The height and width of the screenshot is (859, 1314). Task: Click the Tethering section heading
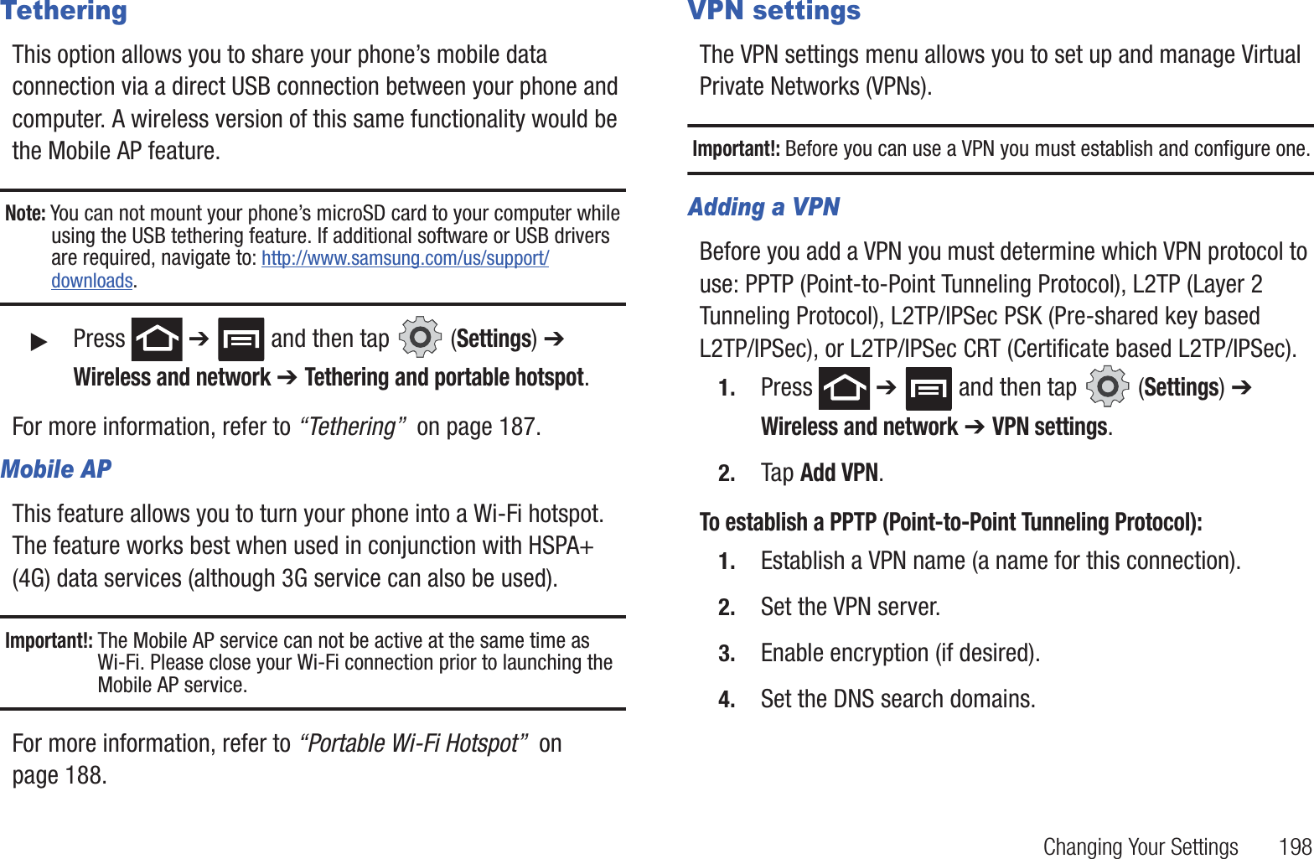click(x=64, y=12)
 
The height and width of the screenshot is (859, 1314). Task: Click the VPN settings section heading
click(x=773, y=12)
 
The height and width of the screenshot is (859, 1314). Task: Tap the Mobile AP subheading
click(x=56, y=469)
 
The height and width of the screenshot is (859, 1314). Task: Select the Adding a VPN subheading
click(x=763, y=207)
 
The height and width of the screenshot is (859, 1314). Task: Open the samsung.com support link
click(x=405, y=258)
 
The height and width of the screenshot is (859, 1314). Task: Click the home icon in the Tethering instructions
click(x=157, y=339)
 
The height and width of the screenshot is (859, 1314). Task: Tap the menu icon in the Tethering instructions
click(x=241, y=339)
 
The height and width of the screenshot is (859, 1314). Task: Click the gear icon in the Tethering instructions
click(x=420, y=338)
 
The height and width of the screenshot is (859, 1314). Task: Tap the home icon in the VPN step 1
click(x=844, y=389)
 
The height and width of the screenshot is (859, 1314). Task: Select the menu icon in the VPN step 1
click(x=929, y=389)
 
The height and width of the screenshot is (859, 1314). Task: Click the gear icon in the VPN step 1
click(x=1107, y=387)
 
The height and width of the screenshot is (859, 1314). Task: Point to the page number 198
click(x=1295, y=847)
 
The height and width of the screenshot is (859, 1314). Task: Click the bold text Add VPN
click(x=839, y=473)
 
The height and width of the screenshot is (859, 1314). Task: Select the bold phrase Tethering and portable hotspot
click(x=444, y=378)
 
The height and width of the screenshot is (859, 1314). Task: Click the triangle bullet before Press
click(x=39, y=341)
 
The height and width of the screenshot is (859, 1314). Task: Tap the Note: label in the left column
click(x=25, y=214)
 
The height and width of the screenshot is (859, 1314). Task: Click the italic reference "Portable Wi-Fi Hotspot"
click(x=414, y=744)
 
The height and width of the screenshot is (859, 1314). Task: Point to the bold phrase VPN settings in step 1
click(x=1050, y=427)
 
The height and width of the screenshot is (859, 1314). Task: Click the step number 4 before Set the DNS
click(x=727, y=700)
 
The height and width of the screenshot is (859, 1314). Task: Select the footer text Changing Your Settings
click(x=1140, y=847)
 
